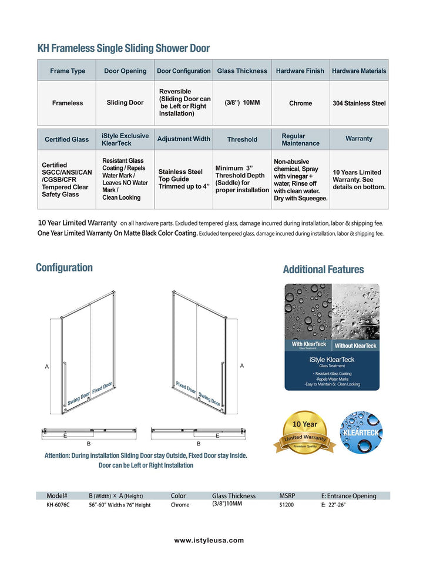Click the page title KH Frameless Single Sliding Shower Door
coord(123,48)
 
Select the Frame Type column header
coord(68,71)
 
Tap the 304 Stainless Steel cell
coord(359,103)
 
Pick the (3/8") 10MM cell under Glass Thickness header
coord(242,103)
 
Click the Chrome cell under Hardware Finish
coord(300,103)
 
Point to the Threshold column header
coord(242,140)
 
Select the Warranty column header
coord(358,139)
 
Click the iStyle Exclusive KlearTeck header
coord(125,139)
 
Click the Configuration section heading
coord(64,268)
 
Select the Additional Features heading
coord(323,270)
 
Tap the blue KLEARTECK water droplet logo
coord(361,432)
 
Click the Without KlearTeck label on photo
coord(355,346)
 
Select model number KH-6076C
coord(58,505)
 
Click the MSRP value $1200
coord(287,505)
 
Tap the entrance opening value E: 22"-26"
coord(333,505)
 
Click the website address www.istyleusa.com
coord(209,541)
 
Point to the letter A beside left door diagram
coord(47,367)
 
